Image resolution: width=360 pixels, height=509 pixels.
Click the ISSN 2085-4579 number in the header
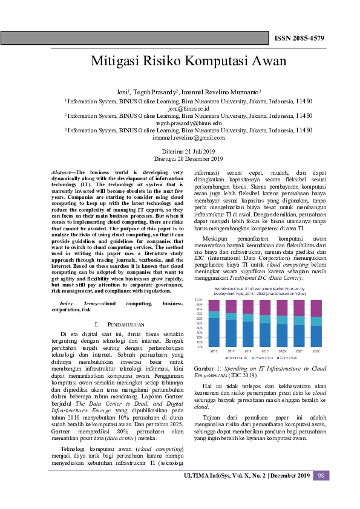[x=299, y=38]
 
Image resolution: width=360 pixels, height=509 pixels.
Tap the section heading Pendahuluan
[x=119, y=325]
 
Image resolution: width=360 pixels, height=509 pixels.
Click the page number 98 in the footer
[x=321, y=476]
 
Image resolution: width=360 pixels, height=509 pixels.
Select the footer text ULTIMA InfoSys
[x=215, y=476]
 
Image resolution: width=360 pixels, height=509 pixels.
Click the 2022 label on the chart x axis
[x=316, y=350]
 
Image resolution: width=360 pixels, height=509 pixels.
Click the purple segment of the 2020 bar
[x=282, y=308]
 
